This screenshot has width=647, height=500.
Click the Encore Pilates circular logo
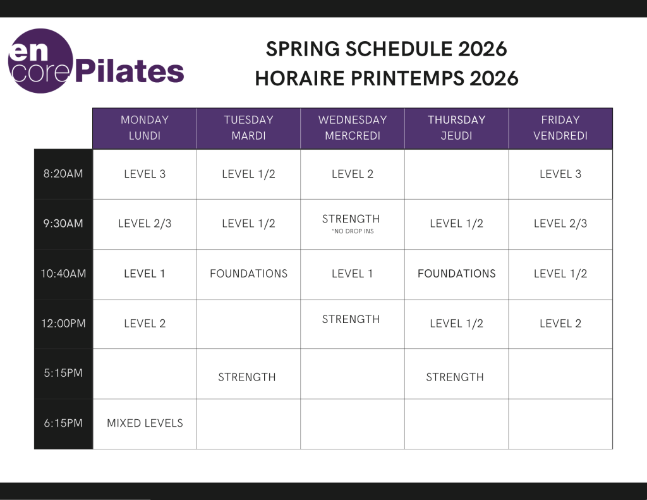[x=40, y=61]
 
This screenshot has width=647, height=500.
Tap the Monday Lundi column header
[x=145, y=128]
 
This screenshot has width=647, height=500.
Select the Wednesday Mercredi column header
[x=353, y=128]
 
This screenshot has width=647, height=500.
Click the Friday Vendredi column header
[x=560, y=128]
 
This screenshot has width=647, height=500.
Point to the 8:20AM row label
[x=63, y=174]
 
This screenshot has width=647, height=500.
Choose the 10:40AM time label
[x=63, y=274]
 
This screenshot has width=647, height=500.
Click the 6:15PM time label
[x=63, y=424]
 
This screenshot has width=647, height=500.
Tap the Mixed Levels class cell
[x=145, y=424]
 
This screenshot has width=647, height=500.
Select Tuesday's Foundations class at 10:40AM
[x=248, y=274]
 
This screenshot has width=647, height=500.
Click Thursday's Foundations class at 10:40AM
[x=456, y=274]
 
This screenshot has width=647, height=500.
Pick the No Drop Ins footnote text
[x=353, y=231]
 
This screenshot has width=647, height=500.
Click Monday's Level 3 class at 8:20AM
[x=145, y=174]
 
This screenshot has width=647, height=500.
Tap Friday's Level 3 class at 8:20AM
[x=560, y=174]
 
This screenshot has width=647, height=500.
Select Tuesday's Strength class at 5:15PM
[x=247, y=377]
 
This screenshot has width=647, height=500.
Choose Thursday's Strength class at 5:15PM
[x=455, y=377]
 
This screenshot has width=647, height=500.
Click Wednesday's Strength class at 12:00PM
[x=351, y=319]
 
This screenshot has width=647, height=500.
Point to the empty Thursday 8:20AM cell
[x=456, y=174]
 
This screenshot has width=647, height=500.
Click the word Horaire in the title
[x=299, y=78]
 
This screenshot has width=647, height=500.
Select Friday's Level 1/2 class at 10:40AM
[x=560, y=274]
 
